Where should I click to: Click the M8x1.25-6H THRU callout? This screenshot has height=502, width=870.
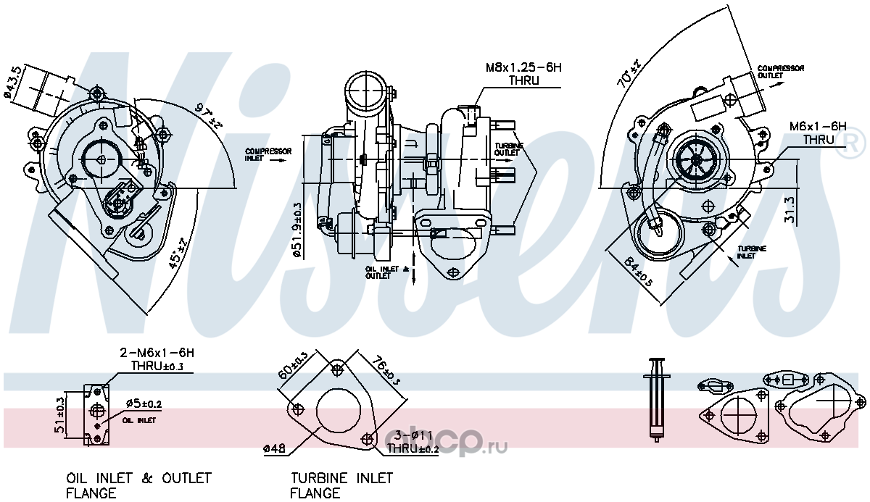[523, 73]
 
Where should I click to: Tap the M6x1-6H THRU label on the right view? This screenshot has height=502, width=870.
[818, 133]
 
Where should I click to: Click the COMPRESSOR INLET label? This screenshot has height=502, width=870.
[268, 154]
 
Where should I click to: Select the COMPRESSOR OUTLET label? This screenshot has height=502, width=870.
[780, 71]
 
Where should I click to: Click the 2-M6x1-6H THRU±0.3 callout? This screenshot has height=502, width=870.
[157, 359]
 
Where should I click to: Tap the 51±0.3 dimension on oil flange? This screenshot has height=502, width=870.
[61, 414]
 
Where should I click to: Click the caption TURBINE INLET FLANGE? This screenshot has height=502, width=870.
[341, 485]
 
